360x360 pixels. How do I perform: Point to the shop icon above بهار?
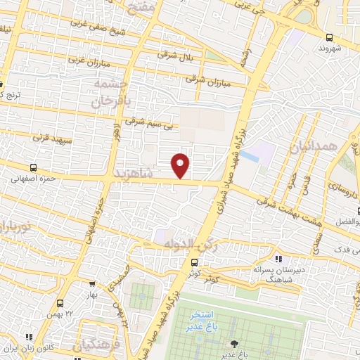coord(93,283)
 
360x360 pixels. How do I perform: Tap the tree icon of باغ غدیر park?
coord(233,344)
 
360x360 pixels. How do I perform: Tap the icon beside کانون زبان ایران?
coord(28,337)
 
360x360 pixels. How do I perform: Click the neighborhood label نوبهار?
coord(12,226)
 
